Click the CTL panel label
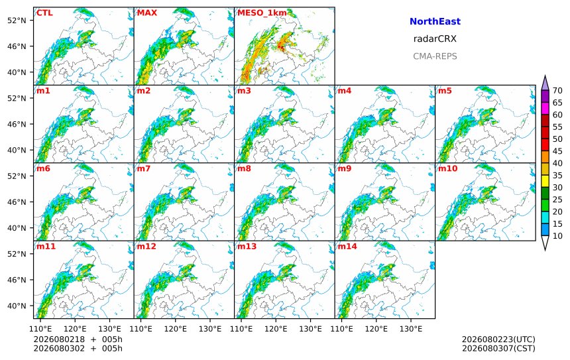(44, 13)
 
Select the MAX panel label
(147, 13)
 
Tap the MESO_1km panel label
(262, 13)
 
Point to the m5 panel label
(445, 91)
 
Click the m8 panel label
(244, 168)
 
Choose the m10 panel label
(447, 168)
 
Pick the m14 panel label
(347, 246)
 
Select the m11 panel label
(46, 246)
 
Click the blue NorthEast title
(435, 21)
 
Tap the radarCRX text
(435, 39)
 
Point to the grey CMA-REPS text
(435, 56)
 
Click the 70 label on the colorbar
(557, 91)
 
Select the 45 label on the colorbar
(557, 151)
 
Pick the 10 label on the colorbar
(557, 236)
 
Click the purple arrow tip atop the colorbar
(545, 76)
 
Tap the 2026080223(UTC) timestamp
(498, 339)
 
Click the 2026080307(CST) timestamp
(498, 348)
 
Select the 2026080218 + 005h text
(78, 339)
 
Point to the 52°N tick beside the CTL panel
(17, 21)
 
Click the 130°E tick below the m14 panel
(411, 329)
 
